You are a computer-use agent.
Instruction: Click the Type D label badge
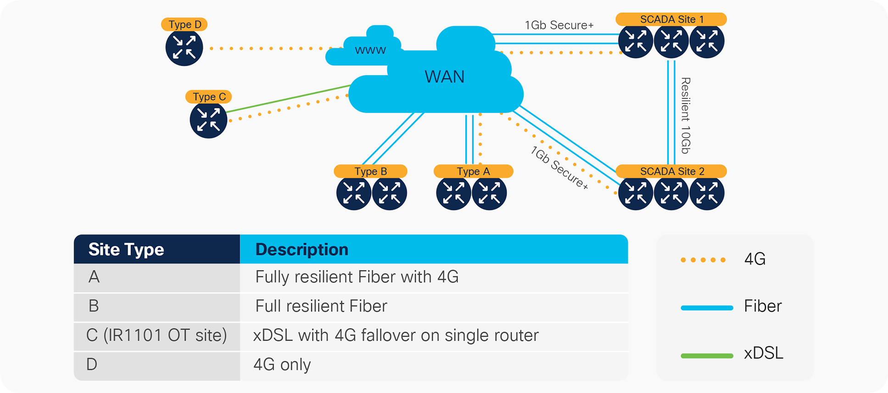pos(184,24)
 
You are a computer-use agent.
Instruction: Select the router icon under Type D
pos(184,48)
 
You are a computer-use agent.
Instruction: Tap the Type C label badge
pos(209,97)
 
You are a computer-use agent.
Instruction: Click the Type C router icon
pos(208,120)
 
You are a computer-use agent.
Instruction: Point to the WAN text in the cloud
pos(444,77)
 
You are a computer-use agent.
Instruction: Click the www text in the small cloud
pos(370,50)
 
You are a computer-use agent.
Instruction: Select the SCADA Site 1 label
pos(671,19)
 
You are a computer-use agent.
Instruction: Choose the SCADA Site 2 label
pos(671,171)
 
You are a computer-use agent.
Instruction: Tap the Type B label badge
pos(370,171)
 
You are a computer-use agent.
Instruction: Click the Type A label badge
pos(473,171)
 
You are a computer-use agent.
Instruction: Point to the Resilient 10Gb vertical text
pos(685,115)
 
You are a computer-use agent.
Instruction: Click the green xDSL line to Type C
pos(289,98)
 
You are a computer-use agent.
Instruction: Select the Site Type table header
pos(126,249)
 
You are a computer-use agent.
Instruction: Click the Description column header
pos(302,249)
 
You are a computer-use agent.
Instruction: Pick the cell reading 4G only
pos(282,365)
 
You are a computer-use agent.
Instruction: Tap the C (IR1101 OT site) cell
pos(156,336)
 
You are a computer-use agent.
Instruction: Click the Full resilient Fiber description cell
pos(321,306)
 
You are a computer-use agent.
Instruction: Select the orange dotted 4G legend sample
pos(703,260)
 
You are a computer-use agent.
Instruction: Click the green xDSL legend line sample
pos(707,355)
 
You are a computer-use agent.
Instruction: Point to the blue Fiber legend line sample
pos(707,308)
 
